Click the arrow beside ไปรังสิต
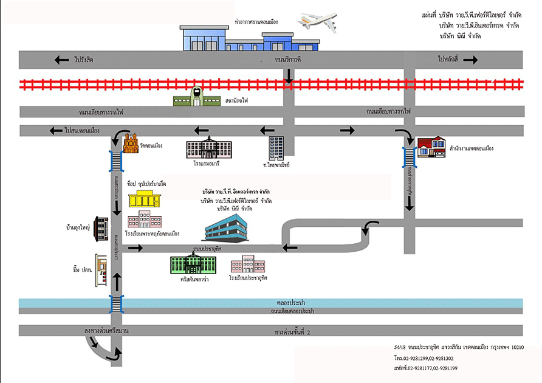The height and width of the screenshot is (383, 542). point(61,60)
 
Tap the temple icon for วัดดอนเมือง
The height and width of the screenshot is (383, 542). point(131,144)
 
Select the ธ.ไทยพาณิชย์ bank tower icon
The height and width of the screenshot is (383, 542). point(276,148)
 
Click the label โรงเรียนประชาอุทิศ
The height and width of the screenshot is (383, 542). point(249,278)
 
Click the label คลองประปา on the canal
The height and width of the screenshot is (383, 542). point(290,302)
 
